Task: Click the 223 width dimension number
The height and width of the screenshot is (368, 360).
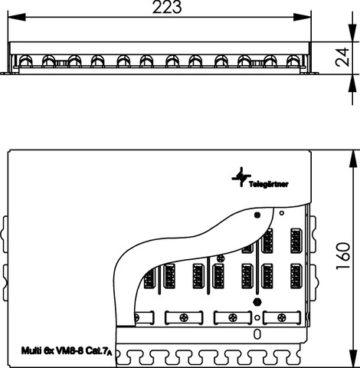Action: tap(167, 7)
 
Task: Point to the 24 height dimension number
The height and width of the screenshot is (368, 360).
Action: tap(342, 57)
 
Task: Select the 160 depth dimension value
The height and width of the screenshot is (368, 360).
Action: tap(343, 256)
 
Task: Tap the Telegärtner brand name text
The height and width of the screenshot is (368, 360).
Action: tap(269, 184)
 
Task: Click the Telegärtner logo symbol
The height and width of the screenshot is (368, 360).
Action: tap(241, 176)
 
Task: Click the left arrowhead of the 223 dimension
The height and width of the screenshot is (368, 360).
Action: tap(17, 18)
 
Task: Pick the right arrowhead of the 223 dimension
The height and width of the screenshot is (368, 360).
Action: tap(303, 18)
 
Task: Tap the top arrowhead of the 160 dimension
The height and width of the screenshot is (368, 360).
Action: tap(352, 159)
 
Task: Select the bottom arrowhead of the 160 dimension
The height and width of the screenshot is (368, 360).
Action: tap(352, 359)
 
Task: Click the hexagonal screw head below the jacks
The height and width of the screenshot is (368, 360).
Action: tap(257, 302)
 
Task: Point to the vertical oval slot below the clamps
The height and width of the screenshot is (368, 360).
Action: tap(257, 334)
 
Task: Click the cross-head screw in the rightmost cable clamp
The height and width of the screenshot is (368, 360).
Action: tap(282, 318)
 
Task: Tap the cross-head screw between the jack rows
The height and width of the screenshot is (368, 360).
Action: tap(220, 258)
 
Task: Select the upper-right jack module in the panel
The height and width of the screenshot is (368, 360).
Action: tap(296, 241)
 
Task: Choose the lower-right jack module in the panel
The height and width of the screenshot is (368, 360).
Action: tap(296, 276)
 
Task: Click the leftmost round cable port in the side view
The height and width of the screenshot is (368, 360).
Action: tap(25, 61)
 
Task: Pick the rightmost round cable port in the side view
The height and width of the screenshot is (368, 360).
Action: tap(293, 61)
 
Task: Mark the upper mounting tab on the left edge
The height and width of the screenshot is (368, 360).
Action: tap(5, 235)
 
